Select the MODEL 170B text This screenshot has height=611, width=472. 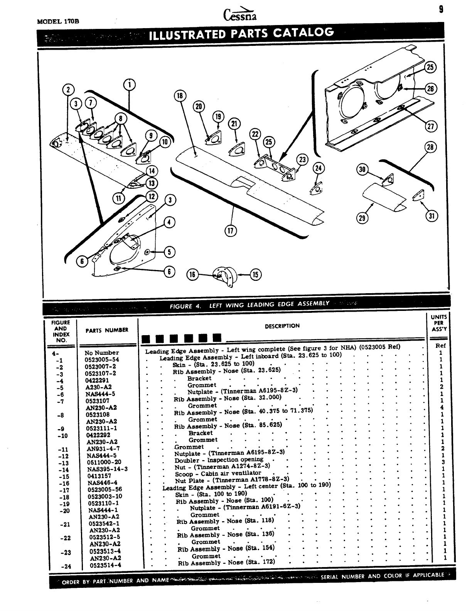(58, 22)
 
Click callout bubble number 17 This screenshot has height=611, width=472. (231, 231)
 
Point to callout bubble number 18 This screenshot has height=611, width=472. (180, 96)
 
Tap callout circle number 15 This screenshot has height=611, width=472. (256, 274)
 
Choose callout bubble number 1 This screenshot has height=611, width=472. (129, 84)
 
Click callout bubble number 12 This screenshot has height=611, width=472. (152, 196)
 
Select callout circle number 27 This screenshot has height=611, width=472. (430, 126)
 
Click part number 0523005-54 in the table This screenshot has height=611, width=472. (102, 359)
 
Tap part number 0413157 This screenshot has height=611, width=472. (99, 476)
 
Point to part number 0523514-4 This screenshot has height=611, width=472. (105, 565)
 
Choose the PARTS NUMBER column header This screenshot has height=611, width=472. (107, 330)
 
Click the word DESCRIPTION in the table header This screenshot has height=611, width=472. (282, 326)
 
